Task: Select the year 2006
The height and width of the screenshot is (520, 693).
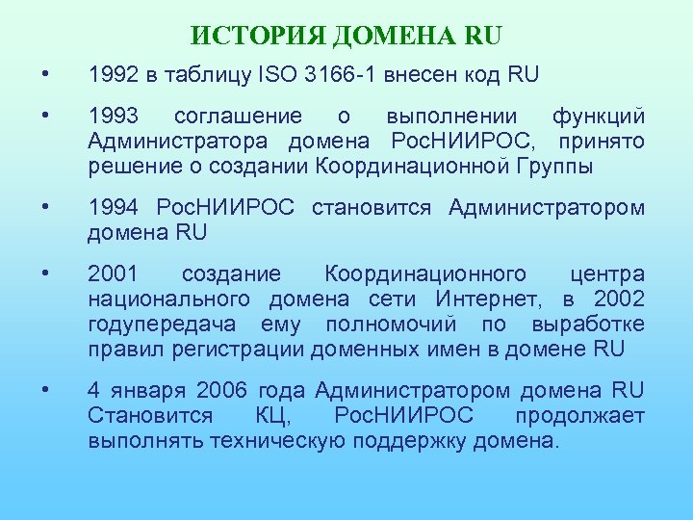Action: tap(222, 391)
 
